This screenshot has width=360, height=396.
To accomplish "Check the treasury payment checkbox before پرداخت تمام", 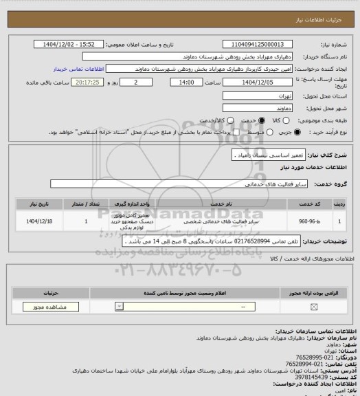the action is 237,131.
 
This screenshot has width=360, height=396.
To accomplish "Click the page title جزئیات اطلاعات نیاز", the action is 330,5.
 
